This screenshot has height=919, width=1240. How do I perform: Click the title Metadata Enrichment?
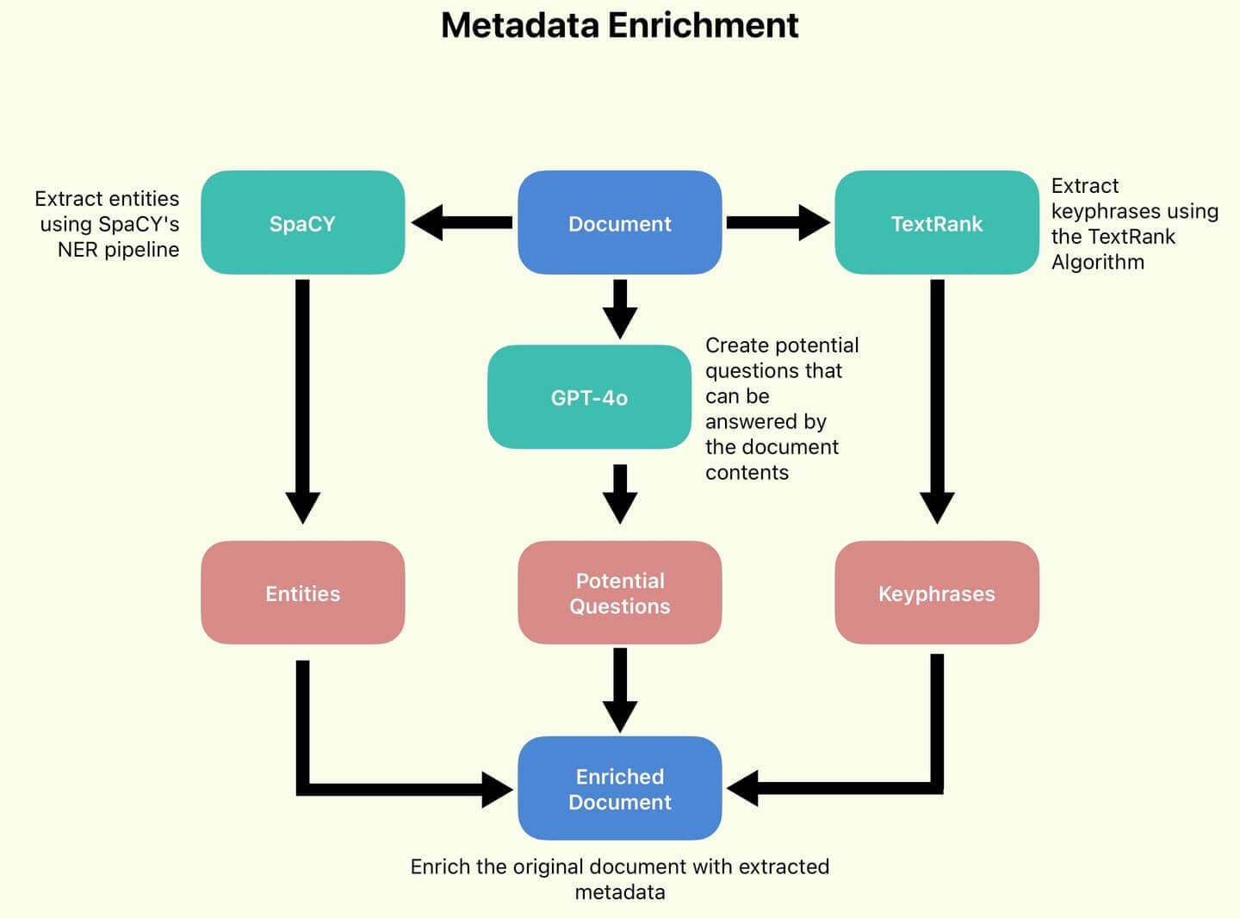[619, 25]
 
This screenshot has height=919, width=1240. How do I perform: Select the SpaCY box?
[302, 223]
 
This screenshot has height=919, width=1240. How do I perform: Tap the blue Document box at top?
[619, 223]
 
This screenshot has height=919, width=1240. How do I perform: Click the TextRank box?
[936, 223]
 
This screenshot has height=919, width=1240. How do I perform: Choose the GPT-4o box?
[589, 397]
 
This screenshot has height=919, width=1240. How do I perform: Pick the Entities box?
[302, 593]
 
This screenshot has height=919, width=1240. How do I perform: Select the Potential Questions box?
[619, 593]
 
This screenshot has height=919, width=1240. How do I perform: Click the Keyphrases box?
[936, 593]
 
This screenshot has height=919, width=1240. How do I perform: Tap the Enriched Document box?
[619, 788]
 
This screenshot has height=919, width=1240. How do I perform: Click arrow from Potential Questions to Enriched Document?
[619, 689]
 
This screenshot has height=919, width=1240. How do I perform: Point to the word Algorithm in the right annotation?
[1097, 262]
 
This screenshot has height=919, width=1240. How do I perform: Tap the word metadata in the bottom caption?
[619, 892]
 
